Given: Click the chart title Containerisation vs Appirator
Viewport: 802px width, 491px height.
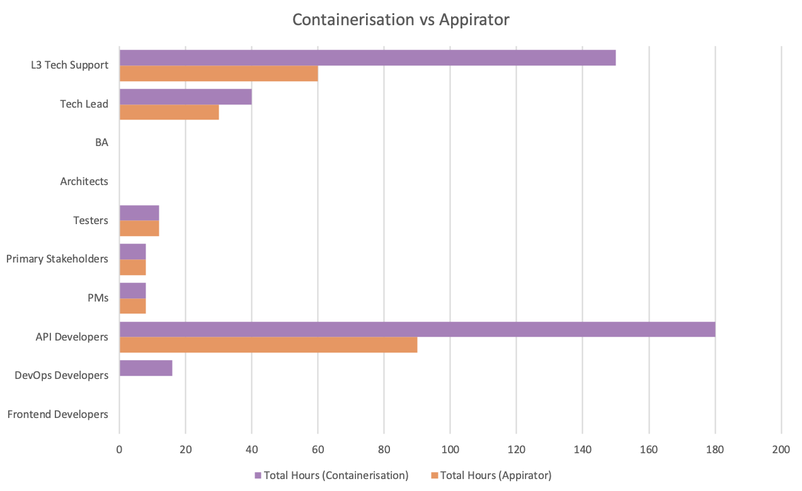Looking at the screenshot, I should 401,20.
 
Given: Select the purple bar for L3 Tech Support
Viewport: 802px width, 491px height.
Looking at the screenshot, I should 367,57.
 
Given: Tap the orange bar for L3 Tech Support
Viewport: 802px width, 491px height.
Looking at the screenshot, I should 219,73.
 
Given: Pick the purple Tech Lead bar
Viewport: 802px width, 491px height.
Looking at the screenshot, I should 185,96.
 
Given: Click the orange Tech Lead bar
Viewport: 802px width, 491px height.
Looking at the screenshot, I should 169,112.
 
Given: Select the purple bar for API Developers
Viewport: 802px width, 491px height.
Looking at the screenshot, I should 417,329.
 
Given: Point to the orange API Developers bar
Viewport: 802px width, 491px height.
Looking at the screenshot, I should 268,345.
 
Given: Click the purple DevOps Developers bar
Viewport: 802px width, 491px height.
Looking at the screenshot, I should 146,368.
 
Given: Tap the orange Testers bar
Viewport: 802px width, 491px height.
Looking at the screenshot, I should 139,229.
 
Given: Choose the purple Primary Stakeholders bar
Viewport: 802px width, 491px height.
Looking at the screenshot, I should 132,252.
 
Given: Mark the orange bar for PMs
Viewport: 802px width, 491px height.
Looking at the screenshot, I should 132,306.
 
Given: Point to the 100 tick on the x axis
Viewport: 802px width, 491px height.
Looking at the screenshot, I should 450,449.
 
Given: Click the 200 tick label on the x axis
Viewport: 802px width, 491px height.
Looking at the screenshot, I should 781,449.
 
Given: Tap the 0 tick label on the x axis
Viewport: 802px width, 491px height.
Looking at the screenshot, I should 119,449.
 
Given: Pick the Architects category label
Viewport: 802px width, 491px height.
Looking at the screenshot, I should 84,181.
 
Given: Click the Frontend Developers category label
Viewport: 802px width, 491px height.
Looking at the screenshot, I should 58,414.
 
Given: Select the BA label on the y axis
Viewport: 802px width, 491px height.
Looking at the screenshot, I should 101,142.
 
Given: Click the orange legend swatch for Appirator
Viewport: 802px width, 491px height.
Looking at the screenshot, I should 433,475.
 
